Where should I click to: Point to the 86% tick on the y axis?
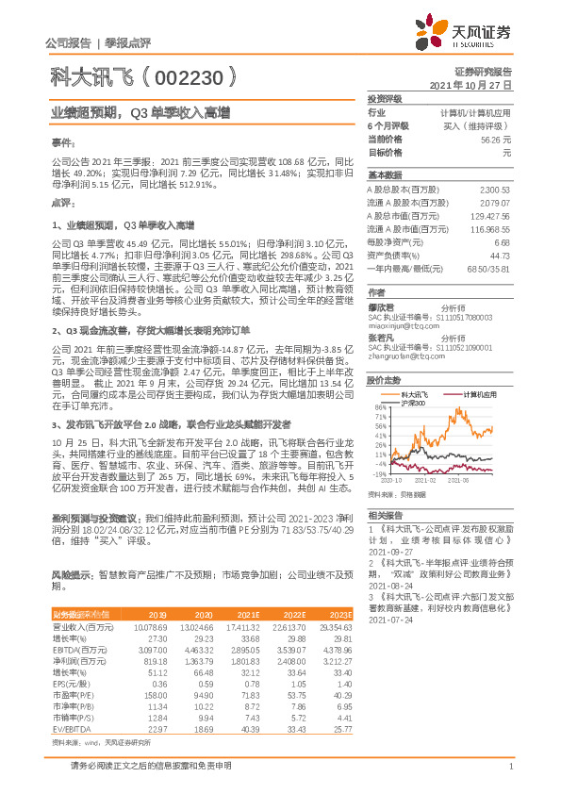pos(382,406)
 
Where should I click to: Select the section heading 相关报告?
pos(385,515)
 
